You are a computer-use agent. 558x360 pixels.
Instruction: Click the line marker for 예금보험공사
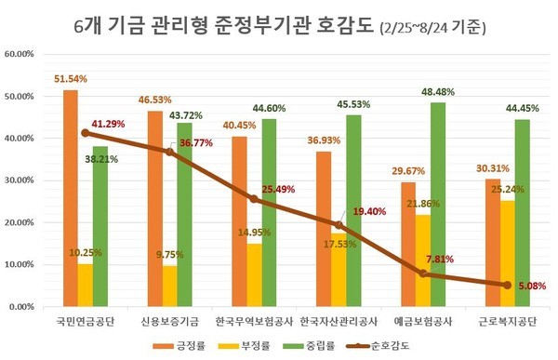[423, 273]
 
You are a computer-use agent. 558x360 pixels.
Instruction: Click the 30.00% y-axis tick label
[20, 180]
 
